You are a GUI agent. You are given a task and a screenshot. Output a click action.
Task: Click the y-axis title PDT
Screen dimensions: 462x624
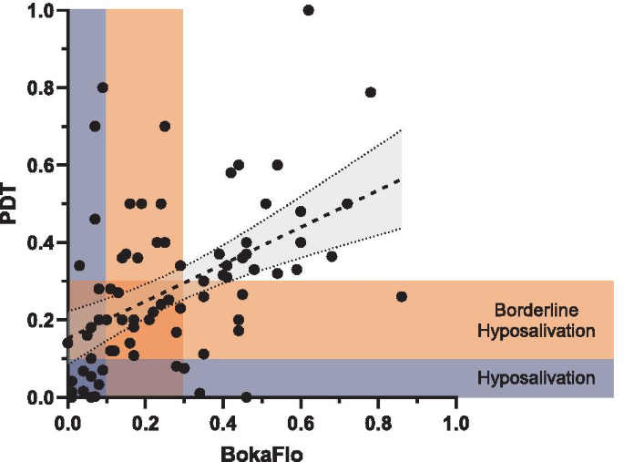point(11,203)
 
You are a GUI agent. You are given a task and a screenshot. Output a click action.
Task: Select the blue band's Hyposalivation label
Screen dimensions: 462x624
point(537,377)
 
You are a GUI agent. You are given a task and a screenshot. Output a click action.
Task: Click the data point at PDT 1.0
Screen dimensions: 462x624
point(308,10)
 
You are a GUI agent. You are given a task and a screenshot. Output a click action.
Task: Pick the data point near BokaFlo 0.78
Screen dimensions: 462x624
point(371,92)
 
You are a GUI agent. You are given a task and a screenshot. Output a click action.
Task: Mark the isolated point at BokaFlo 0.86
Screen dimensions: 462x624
point(402,296)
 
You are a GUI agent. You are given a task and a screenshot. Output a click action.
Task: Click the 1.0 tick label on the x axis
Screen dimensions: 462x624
point(456,424)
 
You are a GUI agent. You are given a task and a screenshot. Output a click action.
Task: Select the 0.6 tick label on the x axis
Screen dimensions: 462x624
point(301,424)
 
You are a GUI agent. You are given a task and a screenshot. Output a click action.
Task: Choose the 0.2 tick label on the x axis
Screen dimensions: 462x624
point(145,424)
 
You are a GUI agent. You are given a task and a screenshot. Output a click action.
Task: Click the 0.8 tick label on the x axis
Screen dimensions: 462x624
point(378,424)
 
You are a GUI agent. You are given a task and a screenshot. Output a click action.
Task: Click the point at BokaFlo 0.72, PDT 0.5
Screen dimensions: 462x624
point(347,203)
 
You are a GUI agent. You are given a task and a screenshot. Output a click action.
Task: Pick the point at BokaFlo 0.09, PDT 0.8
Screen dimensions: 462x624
point(103,87)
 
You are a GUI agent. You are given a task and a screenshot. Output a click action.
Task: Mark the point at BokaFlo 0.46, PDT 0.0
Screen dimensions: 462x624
point(246,397)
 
